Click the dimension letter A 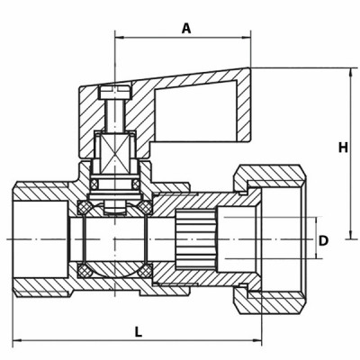point(186,28)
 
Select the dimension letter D point(323,241)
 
